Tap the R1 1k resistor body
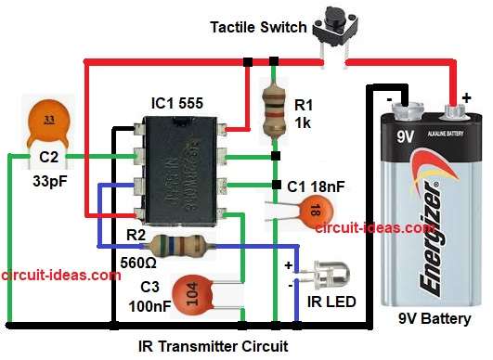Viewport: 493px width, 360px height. [x=273, y=109]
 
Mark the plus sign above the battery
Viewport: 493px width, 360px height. [x=465, y=96]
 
